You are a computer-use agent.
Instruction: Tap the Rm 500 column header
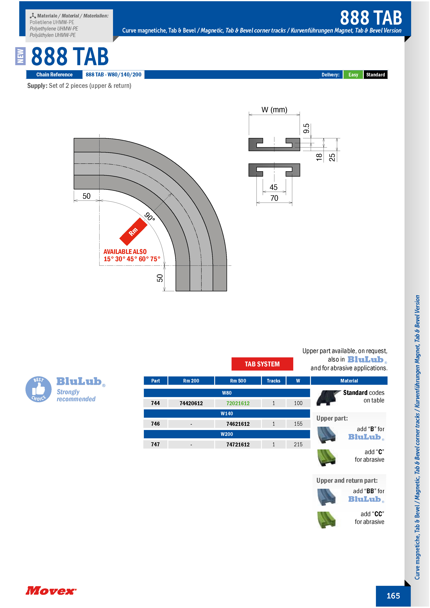(238, 381)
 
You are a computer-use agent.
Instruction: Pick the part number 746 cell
(155, 424)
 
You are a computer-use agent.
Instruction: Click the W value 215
(298, 444)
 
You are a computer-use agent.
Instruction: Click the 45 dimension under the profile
(273, 187)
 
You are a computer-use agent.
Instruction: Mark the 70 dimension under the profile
(274, 198)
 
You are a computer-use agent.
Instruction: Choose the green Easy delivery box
(353, 75)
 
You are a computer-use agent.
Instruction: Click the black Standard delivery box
(375, 75)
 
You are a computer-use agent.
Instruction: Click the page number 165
(393, 596)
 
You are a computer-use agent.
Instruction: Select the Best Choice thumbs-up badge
(39, 389)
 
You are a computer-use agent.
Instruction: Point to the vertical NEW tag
(20, 56)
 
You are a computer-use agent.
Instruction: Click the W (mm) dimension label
(274, 110)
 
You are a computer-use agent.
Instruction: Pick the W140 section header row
(227, 413)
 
